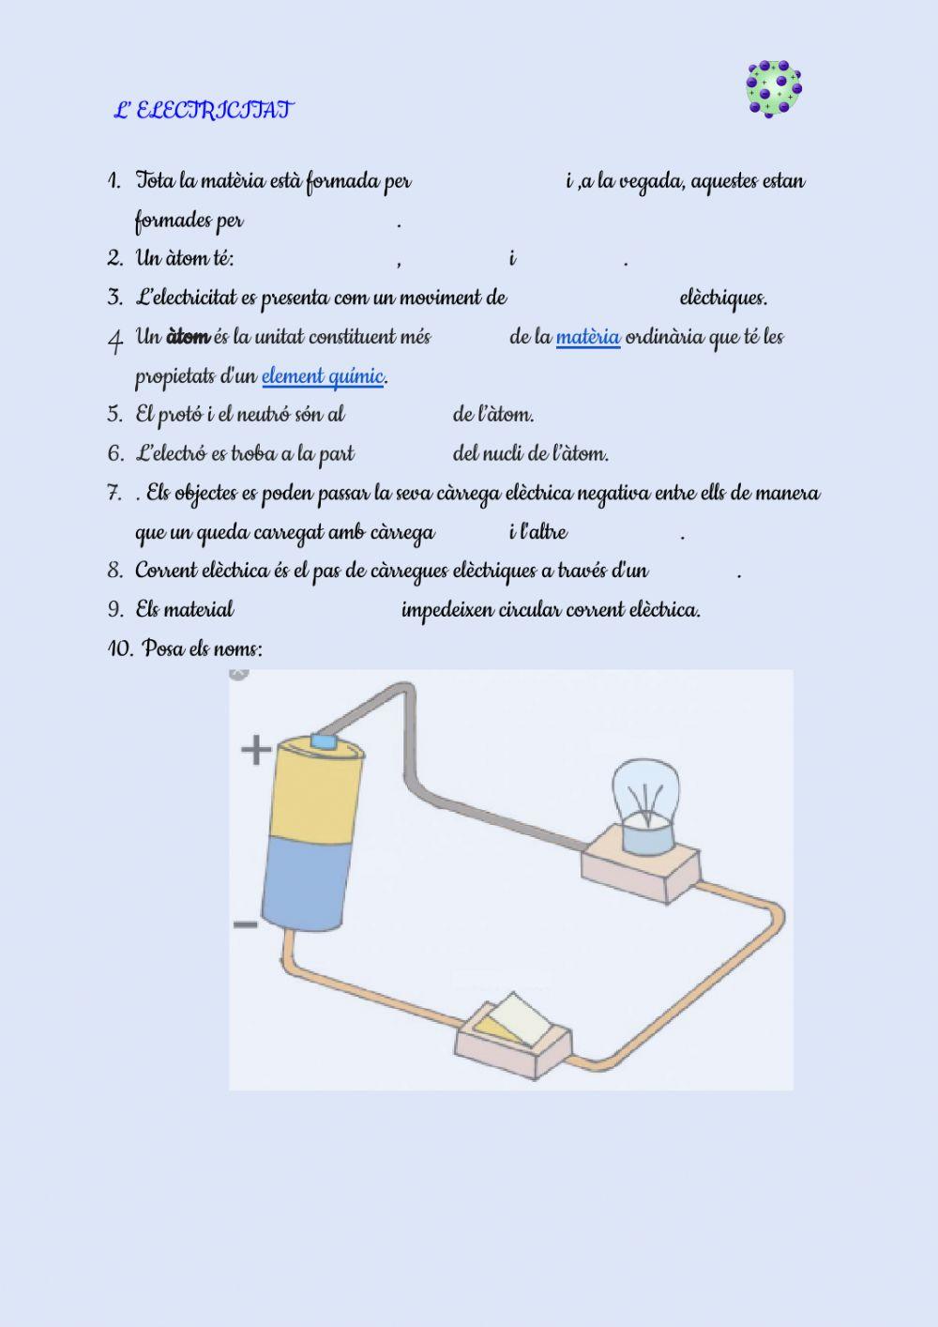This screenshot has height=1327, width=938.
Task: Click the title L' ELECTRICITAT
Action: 203,111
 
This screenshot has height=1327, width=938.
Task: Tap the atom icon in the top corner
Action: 774,89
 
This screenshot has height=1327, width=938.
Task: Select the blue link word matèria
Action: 588,337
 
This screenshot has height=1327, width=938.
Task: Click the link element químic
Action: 323,376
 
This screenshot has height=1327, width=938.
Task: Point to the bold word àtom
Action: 188,337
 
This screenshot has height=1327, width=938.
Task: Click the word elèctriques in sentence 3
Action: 722,298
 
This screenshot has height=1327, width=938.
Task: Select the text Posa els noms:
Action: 203,649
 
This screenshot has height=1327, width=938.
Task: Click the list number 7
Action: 114,494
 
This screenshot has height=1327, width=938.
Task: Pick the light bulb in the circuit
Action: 645,794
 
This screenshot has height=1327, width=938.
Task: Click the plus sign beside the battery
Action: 256,750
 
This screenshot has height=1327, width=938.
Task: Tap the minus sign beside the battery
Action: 246,925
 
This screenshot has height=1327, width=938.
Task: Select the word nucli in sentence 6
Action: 504,454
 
